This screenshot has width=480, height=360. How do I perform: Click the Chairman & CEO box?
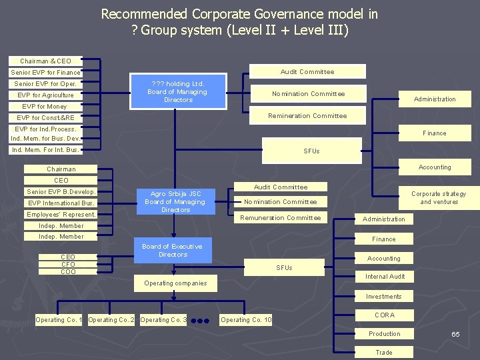[x=45, y=61]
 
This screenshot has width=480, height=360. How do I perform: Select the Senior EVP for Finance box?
[x=45, y=72]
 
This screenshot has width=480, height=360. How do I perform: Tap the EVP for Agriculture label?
[x=45, y=95]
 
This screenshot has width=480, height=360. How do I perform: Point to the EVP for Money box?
[x=45, y=107]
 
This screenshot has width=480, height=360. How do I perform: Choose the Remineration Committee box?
[x=307, y=116]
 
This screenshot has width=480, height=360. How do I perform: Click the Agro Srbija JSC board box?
[x=175, y=201]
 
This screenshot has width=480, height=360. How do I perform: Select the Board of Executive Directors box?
[x=173, y=251]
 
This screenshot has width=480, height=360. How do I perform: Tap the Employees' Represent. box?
[x=61, y=215]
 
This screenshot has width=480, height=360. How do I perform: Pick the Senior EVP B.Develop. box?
[x=61, y=192]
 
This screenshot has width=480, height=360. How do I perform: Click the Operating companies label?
[x=176, y=283]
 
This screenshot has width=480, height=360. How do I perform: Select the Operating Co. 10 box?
[x=246, y=320]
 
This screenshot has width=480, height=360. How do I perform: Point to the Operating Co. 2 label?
[x=111, y=320]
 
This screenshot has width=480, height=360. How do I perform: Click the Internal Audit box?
[x=385, y=277]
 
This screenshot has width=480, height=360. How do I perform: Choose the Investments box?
[x=383, y=297]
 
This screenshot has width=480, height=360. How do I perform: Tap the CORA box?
[x=384, y=315]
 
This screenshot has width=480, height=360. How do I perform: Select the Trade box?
[x=384, y=353]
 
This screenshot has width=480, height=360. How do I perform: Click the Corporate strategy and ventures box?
[x=439, y=198]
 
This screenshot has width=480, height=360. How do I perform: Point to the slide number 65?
[x=455, y=334]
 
